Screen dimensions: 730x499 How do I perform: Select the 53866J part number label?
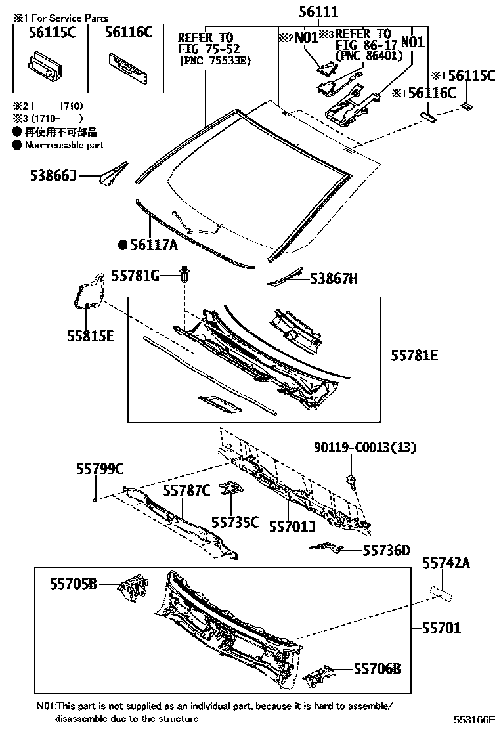(53, 176)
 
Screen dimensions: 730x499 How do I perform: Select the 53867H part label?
(334, 279)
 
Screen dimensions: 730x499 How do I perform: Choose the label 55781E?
(414, 356)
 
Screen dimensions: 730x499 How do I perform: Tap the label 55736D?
(386, 550)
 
